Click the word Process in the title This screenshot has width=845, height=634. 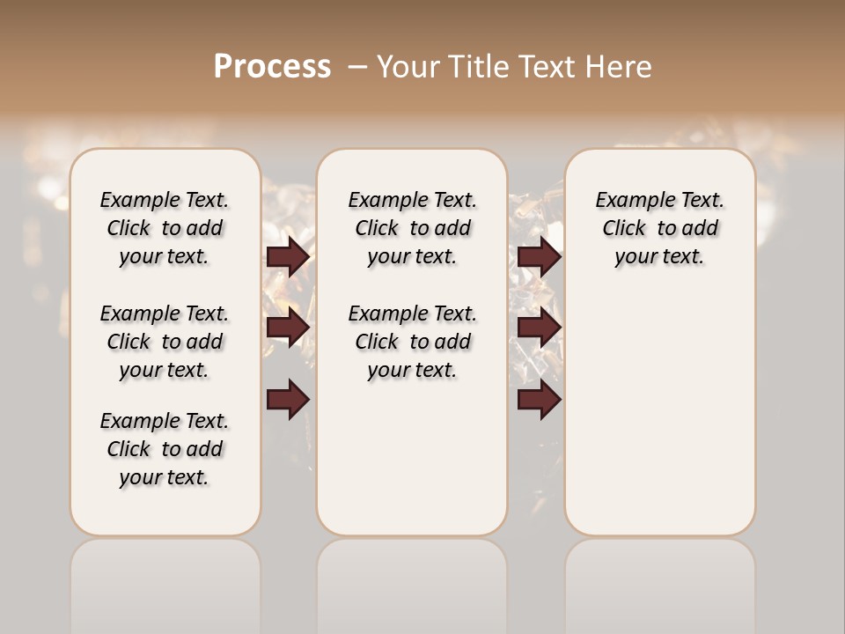pyautogui.click(x=272, y=67)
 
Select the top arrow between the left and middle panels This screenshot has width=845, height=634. pyautogui.click(x=288, y=256)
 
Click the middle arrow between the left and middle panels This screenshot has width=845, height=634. pyautogui.click(x=288, y=328)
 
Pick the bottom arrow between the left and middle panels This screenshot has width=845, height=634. pyautogui.click(x=288, y=400)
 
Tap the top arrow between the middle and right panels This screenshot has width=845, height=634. pyautogui.click(x=539, y=256)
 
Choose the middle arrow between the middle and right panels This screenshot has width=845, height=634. pyautogui.click(x=539, y=328)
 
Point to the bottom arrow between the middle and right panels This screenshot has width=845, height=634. pyautogui.click(x=539, y=400)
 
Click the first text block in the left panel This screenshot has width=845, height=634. pyautogui.click(x=165, y=228)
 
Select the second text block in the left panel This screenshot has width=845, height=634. pyautogui.click(x=165, y=342)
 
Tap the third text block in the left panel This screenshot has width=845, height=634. pyautogui.click(x=165, y=449)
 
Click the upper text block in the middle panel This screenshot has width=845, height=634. pyautogui.click(x=412, y=228)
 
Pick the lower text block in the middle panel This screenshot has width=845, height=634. pyautogui.click(x=412, y=342)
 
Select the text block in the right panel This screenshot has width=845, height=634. pyautogui.click(x=660, y=228)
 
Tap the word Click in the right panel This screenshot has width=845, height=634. pyautogui.click(x=624, y=229)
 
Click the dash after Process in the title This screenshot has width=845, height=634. pyautogui.click(x=357, y=67)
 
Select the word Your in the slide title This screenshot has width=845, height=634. pyautogui.click(x=410, y=67)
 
